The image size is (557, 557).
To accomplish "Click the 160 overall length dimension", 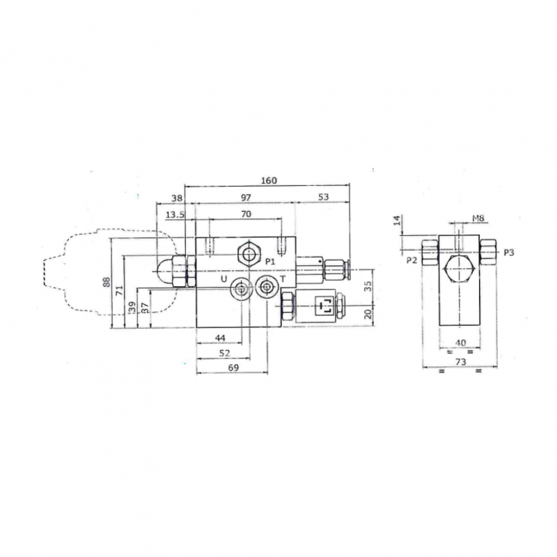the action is (x=269, y=180).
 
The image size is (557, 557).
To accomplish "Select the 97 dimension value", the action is (x=246, y=198).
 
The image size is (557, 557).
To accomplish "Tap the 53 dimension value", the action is (x=323, y=197).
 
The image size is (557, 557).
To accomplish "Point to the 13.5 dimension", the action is (x=175, y=214).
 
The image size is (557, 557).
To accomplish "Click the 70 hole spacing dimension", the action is (x=246, y=214).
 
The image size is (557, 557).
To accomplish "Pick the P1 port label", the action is (x=270, y=262).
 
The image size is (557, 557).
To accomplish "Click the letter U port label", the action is (x=223, y=279).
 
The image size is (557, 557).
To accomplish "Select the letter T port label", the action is (x=283, y=279).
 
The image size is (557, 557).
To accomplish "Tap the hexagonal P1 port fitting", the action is (x=249, y=255).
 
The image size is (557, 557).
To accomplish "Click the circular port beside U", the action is (x=242, y=288).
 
